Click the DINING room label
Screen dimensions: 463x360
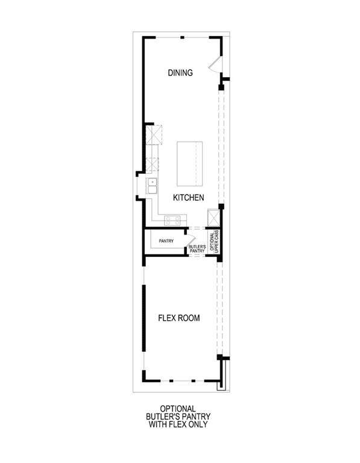[x=180, y=73]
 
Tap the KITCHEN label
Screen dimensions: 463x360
[x=188, y=198]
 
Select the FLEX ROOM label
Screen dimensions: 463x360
[x=179, y=318]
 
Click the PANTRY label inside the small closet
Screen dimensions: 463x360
[x=166, y=241]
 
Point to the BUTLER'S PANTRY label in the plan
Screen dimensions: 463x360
[x=197, y=248]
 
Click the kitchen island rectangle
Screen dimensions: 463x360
[x=189, y=164]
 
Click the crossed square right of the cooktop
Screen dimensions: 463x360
[x=212, y=217]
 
